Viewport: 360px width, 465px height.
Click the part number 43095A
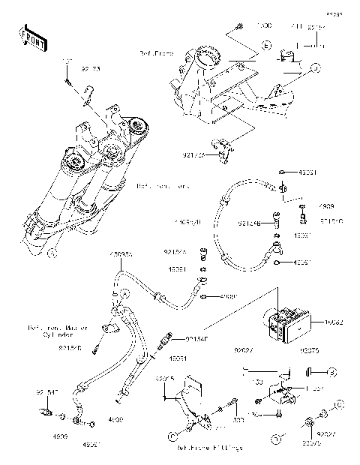coord(121,254)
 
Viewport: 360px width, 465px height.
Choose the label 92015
coord(164,379)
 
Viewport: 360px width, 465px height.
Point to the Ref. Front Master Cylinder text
coord(58,331)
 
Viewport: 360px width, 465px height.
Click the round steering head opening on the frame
coord(207,56)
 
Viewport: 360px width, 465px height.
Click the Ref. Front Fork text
coord(161,185)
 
